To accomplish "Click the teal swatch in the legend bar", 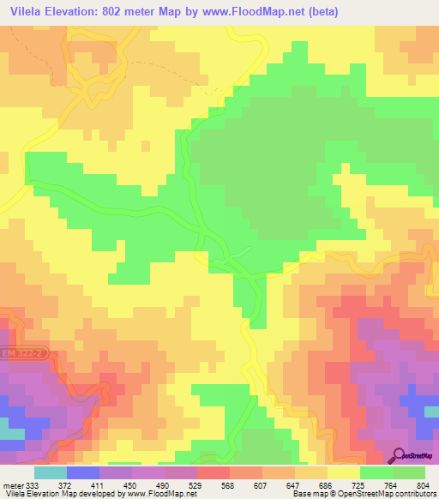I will point(50,472).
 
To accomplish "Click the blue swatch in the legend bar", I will point(82,472).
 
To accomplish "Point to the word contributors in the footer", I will point(411,494).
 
